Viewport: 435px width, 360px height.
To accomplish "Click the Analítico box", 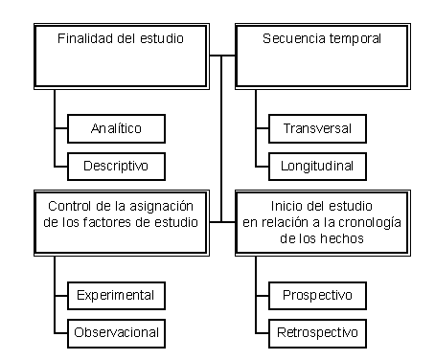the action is click(x=116, y=128).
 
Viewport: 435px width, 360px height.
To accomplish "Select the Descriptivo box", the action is click(x=116, y=167).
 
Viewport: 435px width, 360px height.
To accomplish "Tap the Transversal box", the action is click(x=317, y=128).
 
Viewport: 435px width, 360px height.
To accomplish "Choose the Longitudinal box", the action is click(x=317, y=167).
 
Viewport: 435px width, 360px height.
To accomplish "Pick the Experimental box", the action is click(x=116, y=296).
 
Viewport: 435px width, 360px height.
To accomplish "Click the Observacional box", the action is click(x=116, y=333).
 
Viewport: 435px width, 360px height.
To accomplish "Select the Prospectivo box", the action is click(x=317, y=296).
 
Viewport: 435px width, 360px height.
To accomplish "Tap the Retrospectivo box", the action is click(x=317, y=333).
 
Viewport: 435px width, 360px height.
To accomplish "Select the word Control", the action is click(x=70, y=206).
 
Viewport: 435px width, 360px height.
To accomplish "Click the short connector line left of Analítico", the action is click(x=61, y=128).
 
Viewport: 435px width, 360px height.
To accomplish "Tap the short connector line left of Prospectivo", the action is click(x=263, y=296).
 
